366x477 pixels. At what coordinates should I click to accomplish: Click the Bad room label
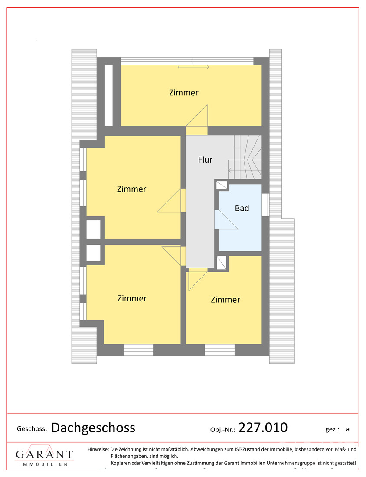point(242,208)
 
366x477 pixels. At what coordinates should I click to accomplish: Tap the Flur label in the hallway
point(205,160)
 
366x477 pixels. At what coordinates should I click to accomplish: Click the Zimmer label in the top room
point(183,92)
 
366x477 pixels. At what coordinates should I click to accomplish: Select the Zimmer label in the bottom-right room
point(225,300)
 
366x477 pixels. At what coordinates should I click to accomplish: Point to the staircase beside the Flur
point(245,157)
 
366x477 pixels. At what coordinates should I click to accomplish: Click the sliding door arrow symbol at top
point(193,67)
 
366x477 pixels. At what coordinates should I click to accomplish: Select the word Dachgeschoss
point(93,428)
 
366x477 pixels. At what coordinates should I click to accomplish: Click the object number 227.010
point(263,428)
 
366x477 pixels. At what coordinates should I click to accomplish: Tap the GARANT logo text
point(44,454)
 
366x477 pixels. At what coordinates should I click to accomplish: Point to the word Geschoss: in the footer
point(32,429)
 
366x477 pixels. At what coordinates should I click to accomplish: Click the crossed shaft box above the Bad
point(222,185)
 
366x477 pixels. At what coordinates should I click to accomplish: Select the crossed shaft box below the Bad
point(222,263)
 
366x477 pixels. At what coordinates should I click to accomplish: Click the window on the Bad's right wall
point(265,205)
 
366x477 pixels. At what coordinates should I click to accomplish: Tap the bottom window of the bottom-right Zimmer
point(220,350)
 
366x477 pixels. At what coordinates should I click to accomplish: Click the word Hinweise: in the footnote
point(98,449)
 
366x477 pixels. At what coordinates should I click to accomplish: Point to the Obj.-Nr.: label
point(223,430)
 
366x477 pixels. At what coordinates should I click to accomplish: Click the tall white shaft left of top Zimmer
point(108,95)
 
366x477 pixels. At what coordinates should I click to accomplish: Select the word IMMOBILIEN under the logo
point(43,464)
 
